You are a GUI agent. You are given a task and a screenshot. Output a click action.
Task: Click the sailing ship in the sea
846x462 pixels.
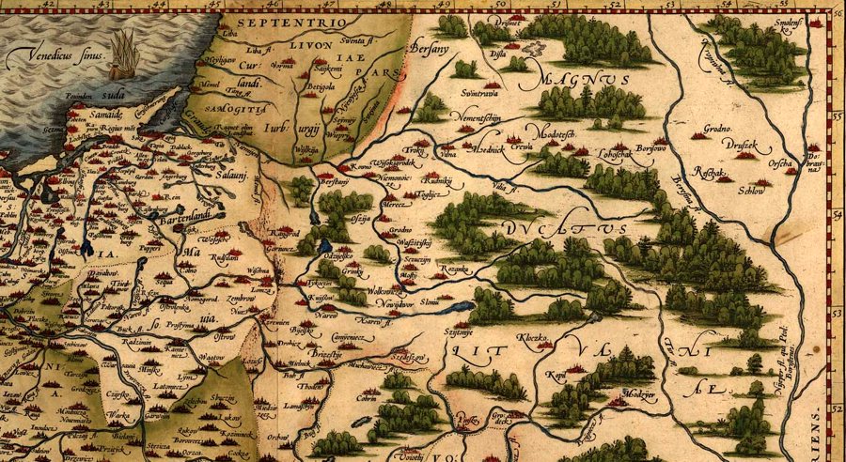tap(123, 54)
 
